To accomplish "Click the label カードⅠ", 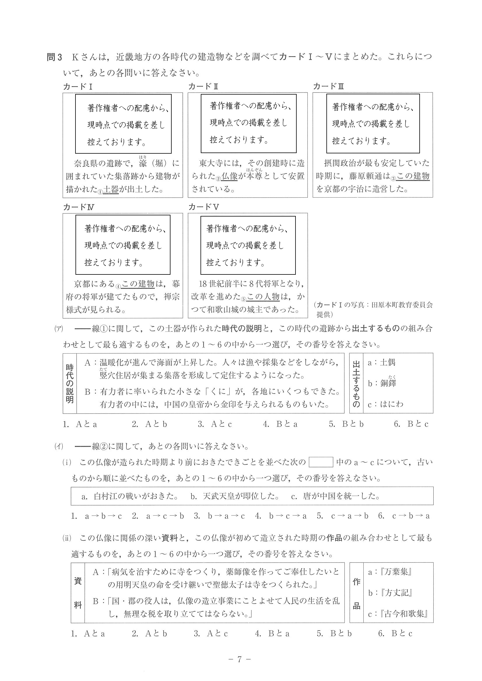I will tap(78, 87).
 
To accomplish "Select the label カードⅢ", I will tap(328, 86).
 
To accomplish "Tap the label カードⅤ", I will tap(204, 207).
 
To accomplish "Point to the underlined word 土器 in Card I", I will tap(111, 189).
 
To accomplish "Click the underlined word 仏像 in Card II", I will tap(229, 176).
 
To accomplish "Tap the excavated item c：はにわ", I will tap(386, 404).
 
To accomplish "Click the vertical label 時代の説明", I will tap(70, 383).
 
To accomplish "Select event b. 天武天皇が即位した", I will tap(235, 496).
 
